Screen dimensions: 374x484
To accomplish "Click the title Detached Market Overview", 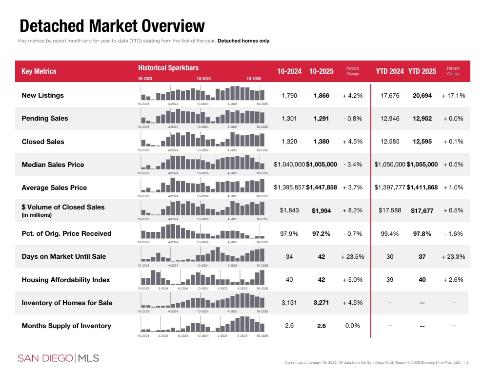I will [112, 26].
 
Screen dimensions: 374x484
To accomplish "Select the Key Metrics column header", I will [39, 71].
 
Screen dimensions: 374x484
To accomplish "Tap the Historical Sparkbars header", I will [168, 68].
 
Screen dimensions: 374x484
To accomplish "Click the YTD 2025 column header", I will [422, 71].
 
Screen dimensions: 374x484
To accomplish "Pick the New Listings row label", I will [42, 95].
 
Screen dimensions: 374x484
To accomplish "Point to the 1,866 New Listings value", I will [321, 96].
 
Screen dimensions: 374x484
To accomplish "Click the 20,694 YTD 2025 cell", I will [422, 96].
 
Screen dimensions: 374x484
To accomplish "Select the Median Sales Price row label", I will [53, 165].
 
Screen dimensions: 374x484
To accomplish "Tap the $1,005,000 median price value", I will [321, 165].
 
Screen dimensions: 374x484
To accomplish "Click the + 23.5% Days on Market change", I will [352, 256].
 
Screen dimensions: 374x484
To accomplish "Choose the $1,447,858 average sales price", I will [321, 187].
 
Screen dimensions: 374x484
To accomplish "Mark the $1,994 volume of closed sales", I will [321, 211].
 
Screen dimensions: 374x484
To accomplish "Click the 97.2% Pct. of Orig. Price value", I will [321, 234].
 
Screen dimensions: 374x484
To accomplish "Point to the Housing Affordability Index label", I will [66, 280].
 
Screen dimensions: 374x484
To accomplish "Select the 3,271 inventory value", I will [321, 303].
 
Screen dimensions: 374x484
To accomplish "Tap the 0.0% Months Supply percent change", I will [352, 326].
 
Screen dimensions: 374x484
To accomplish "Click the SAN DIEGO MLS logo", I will [58, 358].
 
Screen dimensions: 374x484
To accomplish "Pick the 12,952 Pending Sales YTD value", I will [422, 119].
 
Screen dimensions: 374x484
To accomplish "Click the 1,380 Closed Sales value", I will [321, 142].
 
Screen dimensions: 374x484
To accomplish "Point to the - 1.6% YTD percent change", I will [453, 234].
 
